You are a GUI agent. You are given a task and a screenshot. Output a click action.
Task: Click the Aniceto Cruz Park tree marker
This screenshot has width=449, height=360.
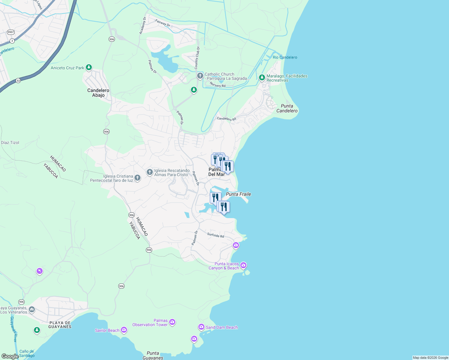tap(89, 67)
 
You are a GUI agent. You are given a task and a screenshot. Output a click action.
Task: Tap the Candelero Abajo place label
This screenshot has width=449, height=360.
tap(98, 93)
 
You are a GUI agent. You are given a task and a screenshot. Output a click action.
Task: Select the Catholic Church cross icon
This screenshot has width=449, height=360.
tap(200, 76)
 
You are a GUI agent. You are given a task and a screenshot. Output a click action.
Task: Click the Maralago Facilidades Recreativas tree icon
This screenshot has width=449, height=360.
tap(262, 78)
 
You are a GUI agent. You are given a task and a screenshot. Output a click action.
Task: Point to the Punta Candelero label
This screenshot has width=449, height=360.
tap(287, 108)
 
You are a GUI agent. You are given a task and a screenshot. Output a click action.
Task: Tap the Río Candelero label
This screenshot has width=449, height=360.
tap(285, 57)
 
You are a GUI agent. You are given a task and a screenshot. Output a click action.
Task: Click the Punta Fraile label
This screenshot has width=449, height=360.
tap(238, 194)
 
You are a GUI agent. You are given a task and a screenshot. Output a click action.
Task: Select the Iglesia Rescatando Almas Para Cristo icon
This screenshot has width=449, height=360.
tap(149, 172)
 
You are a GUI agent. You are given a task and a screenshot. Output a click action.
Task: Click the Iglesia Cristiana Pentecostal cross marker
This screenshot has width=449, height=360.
tap(137, 178)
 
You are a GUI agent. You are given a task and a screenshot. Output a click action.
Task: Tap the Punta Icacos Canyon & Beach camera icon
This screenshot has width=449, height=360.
tap(243, 265)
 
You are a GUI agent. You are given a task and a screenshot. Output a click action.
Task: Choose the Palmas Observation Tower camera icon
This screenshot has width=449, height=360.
tap(172, 322)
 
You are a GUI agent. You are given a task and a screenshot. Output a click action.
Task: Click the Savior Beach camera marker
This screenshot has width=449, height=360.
tap(124, 330)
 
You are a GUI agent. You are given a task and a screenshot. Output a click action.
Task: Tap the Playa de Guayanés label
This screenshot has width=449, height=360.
tap(60, 325)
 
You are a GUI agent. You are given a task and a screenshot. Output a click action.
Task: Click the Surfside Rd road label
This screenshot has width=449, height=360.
tap(215, 235)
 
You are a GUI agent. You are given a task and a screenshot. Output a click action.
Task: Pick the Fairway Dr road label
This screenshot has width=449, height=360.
tap(163, 23)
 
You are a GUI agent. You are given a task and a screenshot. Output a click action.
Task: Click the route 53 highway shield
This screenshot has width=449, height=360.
tap(18, 81)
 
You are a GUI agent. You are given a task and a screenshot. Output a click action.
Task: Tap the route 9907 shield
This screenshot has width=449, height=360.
tap(11, 32)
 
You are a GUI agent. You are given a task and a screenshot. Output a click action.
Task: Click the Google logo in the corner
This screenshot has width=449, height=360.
tap(10, 356)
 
